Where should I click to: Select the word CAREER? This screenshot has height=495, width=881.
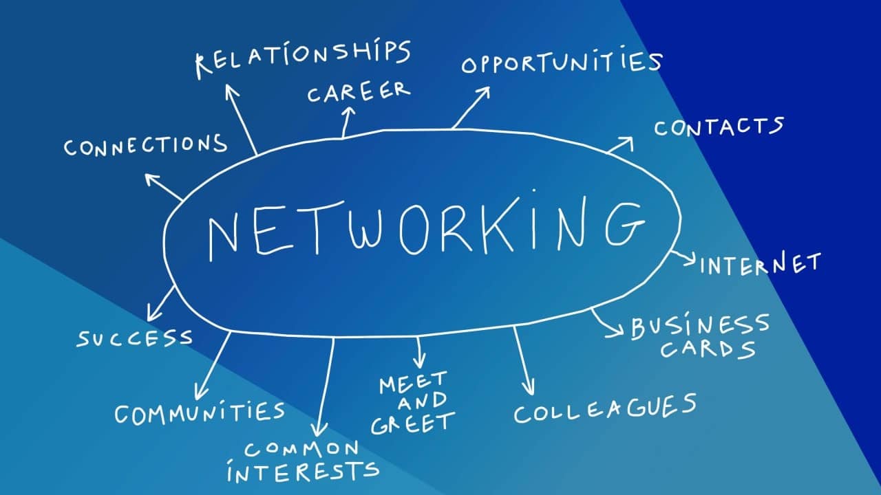pos(359,92)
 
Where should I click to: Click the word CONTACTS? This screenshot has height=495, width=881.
pos(719,126)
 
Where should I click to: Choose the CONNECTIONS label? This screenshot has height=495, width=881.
pos(145,145)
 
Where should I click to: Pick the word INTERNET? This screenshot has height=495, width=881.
pos(761,263)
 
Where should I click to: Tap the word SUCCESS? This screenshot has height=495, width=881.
pos(134,338)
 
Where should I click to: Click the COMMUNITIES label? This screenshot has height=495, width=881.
pos(200,413)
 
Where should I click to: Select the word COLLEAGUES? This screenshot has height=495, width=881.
pos(605,408)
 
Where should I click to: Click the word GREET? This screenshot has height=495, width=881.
pos(413,423)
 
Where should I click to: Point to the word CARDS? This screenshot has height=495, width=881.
pos(708,349)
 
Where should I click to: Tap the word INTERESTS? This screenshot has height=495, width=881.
pos(303,471)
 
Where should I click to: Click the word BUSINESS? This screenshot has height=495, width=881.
pos(700,326)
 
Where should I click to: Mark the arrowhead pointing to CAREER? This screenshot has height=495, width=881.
pos(348,111)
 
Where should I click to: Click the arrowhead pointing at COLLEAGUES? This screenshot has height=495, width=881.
pos(529,388)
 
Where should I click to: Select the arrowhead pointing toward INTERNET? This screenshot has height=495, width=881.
pos(690,259)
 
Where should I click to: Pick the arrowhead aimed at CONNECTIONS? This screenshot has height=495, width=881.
pos(151,179)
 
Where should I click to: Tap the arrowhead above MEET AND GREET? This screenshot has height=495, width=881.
pos(419,361)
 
